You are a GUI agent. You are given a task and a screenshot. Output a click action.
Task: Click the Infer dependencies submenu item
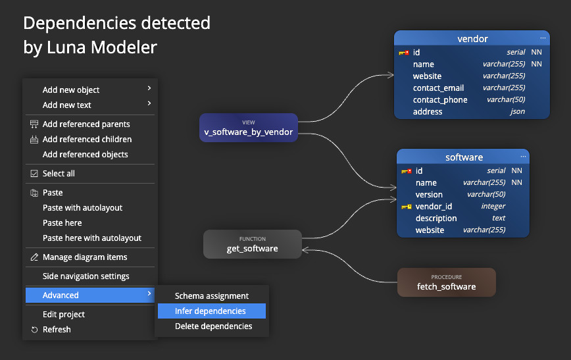pos(211,311)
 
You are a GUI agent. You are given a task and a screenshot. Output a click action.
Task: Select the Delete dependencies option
pos(213,326)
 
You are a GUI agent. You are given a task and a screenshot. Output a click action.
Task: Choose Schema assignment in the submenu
pos(211,296)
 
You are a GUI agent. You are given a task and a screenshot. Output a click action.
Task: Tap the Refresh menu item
pos(57,330)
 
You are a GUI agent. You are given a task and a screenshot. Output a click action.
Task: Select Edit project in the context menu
pos(64,315)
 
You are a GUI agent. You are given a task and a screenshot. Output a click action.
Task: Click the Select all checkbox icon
pos(34,174)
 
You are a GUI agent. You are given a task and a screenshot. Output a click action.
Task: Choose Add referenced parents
pos(86,124)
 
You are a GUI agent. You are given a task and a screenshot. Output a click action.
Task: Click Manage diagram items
pos(85,257)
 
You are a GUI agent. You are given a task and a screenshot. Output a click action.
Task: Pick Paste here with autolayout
pos(92,238)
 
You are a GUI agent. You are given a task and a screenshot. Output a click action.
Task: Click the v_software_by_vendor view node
pos(249,128)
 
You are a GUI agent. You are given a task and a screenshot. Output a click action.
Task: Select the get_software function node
pos(252,244)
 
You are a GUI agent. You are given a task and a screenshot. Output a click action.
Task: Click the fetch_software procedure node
pos(446,282)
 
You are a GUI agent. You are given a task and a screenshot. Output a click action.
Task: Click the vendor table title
pos(472,39)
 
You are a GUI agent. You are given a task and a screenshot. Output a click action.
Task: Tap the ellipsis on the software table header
pos(524,157)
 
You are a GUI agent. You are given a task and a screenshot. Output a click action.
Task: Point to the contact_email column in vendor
pos(438,88)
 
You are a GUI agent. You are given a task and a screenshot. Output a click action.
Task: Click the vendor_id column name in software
pos(434,207)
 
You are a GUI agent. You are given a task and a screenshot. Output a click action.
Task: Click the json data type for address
pos(518,112)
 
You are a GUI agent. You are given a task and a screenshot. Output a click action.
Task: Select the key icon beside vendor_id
pos(406,207)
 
